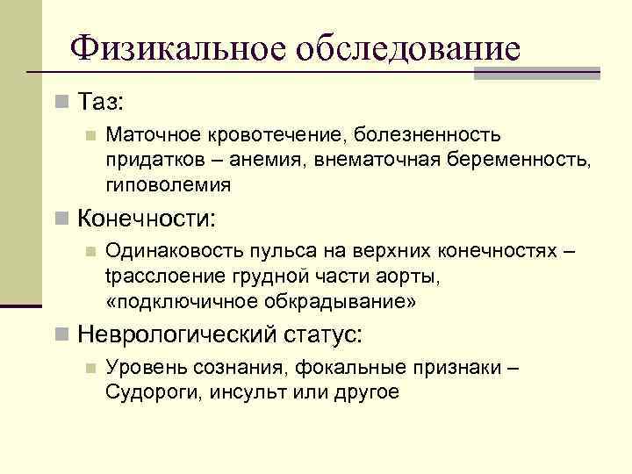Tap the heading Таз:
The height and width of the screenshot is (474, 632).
point(102,102)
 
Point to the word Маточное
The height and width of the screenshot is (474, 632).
point(153,135)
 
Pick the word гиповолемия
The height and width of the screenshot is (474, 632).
point(169,184)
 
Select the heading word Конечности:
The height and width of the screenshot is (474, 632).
point(147,217)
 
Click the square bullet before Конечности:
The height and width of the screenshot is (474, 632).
point(60,217)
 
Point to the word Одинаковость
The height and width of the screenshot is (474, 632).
point(174,251)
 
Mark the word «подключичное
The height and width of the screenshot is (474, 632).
point(174,300)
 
